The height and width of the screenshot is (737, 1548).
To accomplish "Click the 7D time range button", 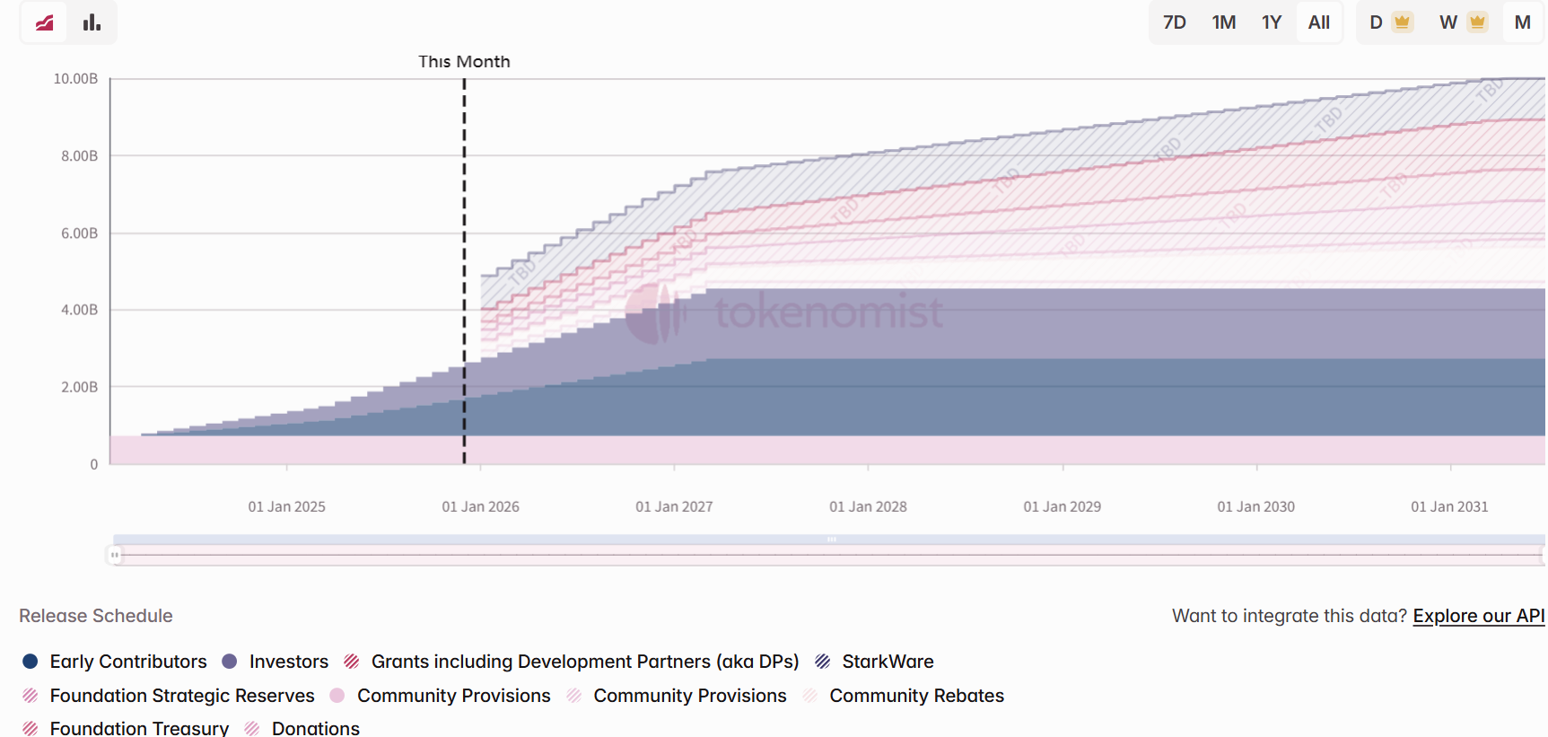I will (1174, 22).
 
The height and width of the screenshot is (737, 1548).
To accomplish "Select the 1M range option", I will (1223, 22).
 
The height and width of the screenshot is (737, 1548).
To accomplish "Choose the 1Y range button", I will (1272, 22).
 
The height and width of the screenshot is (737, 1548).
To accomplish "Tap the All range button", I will (1318, 22).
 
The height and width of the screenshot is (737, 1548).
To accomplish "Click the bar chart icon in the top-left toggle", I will (92, 22).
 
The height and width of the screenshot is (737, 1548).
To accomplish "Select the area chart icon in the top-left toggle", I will (44, 22).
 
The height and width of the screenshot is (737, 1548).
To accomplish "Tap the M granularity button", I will (1522, 22).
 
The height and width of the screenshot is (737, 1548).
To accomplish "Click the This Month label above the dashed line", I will (464, 62).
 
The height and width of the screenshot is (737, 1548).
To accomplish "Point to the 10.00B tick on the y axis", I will (75, 79).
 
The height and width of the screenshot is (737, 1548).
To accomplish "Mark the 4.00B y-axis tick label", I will (79, 310).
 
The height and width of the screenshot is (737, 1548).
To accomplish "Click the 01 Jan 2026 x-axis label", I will (480, 506).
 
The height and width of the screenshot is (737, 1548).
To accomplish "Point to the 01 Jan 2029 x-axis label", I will (1062, 506).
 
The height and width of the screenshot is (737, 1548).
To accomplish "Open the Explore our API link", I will (1478, 616).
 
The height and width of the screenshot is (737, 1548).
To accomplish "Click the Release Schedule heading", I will (96, 616).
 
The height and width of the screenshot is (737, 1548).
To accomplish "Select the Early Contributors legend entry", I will (127, 662).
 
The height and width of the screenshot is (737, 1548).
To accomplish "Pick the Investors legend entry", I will (288, 662).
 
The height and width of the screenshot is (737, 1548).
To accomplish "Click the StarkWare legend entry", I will (887, 662).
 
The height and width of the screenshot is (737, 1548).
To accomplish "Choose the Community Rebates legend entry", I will (915, 696).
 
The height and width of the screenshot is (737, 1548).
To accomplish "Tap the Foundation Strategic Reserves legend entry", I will (181, 696).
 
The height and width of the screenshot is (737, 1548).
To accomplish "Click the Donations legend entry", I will (315, 728).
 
